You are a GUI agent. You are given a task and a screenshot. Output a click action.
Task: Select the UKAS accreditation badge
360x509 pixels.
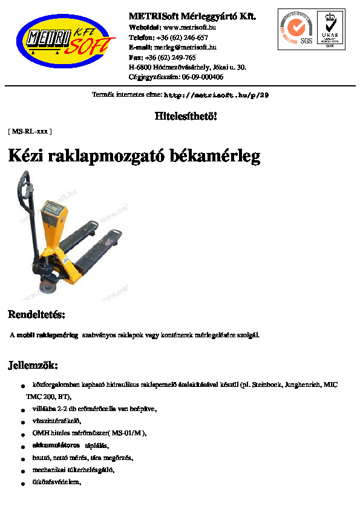tap(330, 28)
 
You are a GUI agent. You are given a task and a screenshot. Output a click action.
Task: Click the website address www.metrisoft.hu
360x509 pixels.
tap(190, 27)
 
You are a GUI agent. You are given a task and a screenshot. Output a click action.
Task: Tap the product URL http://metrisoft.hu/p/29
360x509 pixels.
tap(216, 96)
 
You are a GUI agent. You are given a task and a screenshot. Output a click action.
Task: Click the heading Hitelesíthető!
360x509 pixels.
tap(186, 116)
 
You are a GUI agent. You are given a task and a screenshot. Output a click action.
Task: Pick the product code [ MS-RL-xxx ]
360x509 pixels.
tap(30, 131)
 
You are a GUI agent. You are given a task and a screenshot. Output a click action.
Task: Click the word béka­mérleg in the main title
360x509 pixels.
tap(211, 157)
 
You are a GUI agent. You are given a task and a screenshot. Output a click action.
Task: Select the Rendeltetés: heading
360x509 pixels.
tap(36, 315)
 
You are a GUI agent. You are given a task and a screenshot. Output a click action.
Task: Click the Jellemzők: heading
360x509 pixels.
tap(33, 365)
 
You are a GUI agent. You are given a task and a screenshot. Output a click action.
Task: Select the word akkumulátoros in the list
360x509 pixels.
tap(56, 445)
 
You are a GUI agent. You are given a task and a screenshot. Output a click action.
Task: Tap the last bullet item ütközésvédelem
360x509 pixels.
tap(56, 482)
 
